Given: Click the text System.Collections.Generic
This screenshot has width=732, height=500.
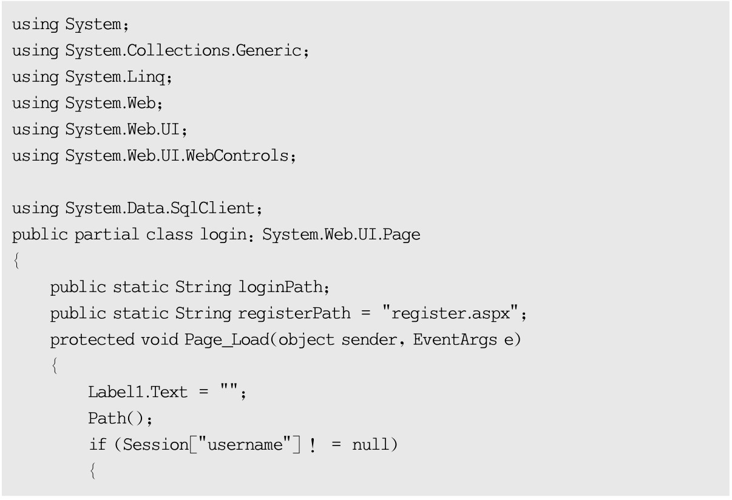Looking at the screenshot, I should click(x=183, y=51).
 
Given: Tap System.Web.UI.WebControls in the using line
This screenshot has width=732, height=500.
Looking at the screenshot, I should click(x=177, y=156).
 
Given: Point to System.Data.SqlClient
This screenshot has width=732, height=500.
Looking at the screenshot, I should click(x=160, y=208).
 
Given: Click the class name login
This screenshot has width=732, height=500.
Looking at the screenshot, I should click(x=222, y=235).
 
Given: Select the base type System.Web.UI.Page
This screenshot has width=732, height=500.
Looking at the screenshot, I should click(x=341, y=235).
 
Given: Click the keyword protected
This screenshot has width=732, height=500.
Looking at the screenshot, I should click(x=92, y=339).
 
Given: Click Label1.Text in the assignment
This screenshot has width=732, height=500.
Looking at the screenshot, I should click(x=138, y=392).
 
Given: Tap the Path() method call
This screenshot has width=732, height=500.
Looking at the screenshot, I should click(x=113, y=418).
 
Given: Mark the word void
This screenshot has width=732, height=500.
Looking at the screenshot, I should click(x=159, y=339).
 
